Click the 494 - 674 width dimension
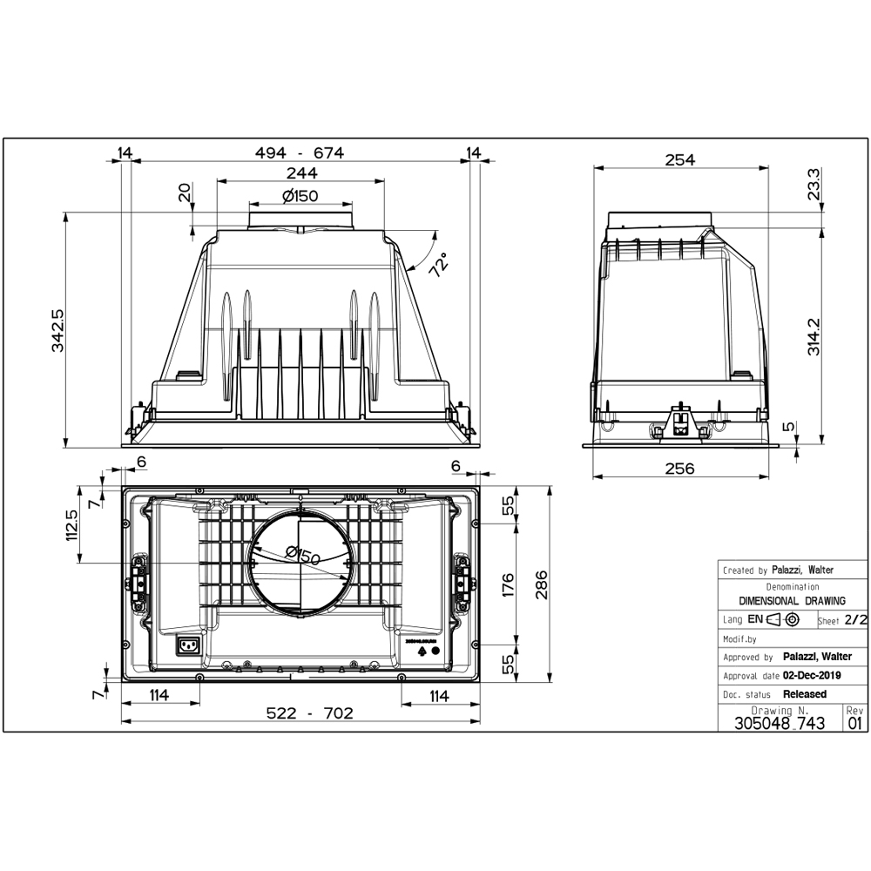point(300,153)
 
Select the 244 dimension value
point(300,173)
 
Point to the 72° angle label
point(437,264)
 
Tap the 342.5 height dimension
point(57,328)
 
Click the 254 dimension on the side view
point(679,159)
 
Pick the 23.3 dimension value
point(813,185)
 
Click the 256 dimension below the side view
point(679,469)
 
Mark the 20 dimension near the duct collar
point(185,193)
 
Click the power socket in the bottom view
point(188,645)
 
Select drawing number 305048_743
point(780,722)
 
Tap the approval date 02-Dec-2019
point(812,675)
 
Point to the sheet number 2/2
point(856,620)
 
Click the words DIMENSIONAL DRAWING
point(792,601)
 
